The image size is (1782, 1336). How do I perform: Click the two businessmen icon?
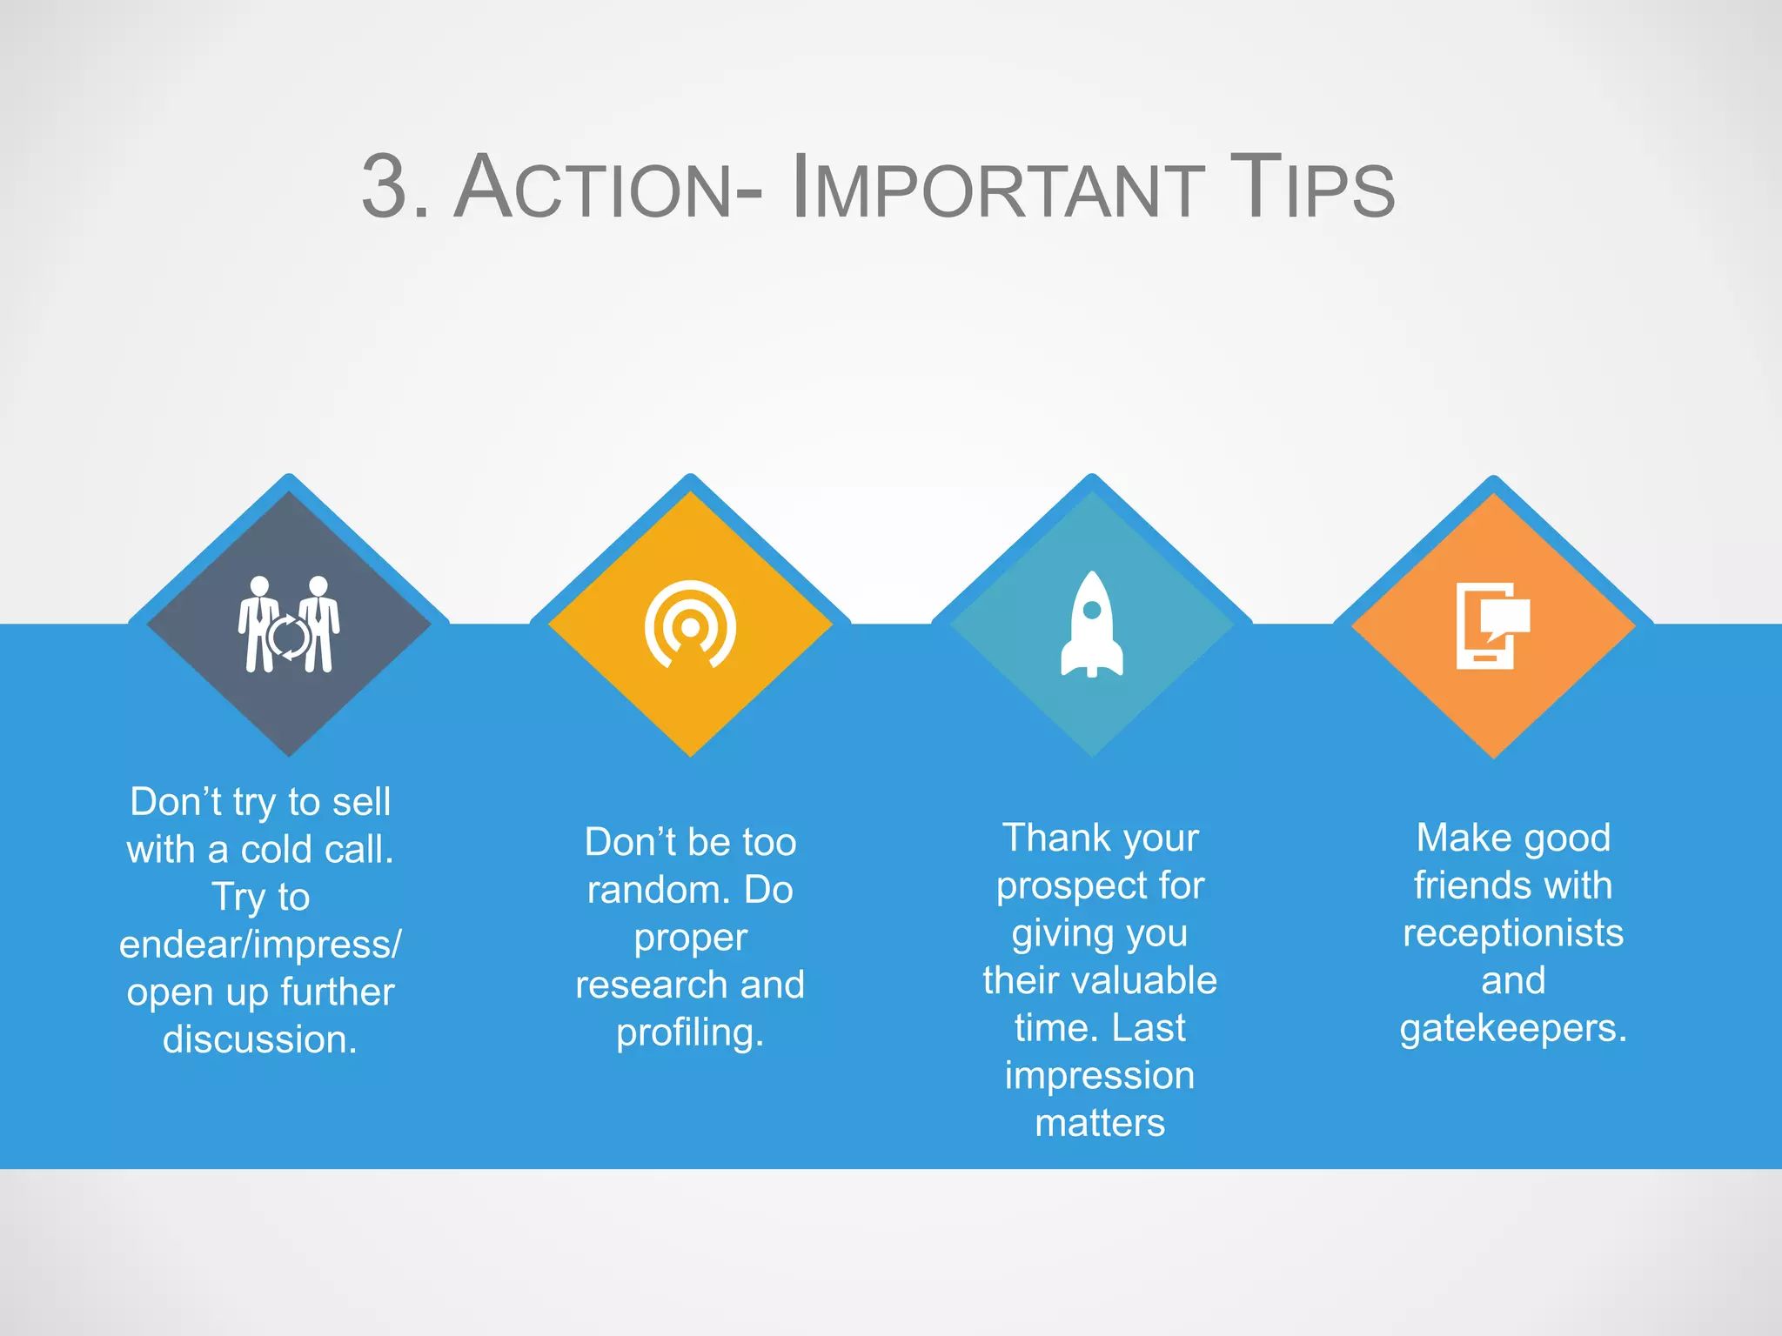(x=289, y=625)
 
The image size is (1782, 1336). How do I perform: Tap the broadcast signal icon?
(x=690, y=625)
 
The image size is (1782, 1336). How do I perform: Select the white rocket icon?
(x=1091, y=625)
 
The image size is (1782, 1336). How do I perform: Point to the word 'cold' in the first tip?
(x=276, y=850)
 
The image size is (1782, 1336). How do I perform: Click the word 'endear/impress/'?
(x=260, y=945)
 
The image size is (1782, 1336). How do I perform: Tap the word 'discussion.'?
(x=260, y=1039)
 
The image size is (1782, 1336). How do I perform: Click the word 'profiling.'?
(x=690, y=1032)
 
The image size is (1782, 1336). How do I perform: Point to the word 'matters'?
(x=1100, y=1123)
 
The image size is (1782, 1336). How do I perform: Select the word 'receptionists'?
(x=1513, y=933)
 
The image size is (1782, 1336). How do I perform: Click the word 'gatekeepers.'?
(x=1513, y=1028)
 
